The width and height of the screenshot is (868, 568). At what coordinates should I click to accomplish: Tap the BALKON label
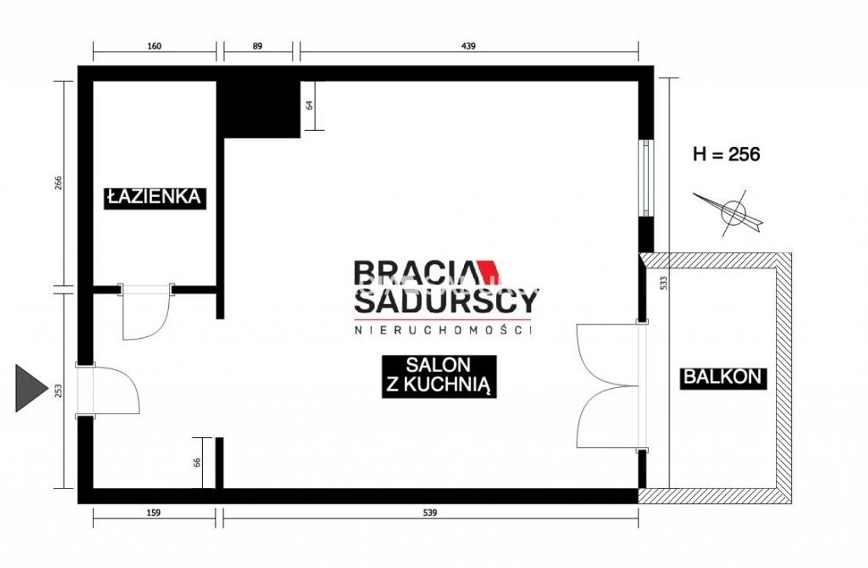[723, 378]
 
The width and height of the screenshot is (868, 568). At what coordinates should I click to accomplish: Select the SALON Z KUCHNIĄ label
[439, 376]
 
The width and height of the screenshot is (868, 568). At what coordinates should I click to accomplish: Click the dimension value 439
[468, 46]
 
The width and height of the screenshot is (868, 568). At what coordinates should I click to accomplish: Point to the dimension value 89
[257, 46]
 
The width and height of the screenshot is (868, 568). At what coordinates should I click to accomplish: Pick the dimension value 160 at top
[154, 46]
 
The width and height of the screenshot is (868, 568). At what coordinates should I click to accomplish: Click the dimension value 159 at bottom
[154, 513]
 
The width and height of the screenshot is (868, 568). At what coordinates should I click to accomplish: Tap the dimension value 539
[430, 513]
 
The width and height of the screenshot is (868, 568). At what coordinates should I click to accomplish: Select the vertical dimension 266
[58, 183]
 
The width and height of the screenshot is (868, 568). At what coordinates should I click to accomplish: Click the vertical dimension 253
[58, 391]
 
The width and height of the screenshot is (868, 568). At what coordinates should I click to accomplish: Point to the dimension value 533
[664, 283]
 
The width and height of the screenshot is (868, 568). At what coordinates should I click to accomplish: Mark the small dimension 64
[309, 105]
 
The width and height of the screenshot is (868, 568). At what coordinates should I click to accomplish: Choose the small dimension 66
[197, 462]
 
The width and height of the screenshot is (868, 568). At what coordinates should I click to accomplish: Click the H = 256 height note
[726, 154]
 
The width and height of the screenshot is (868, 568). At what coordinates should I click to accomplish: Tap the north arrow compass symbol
[728, 213]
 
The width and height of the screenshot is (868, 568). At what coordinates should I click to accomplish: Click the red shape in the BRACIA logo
[489, 271]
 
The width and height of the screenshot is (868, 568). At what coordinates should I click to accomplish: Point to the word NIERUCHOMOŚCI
[443, 330]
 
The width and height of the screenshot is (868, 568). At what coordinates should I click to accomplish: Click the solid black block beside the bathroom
[258, 110]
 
